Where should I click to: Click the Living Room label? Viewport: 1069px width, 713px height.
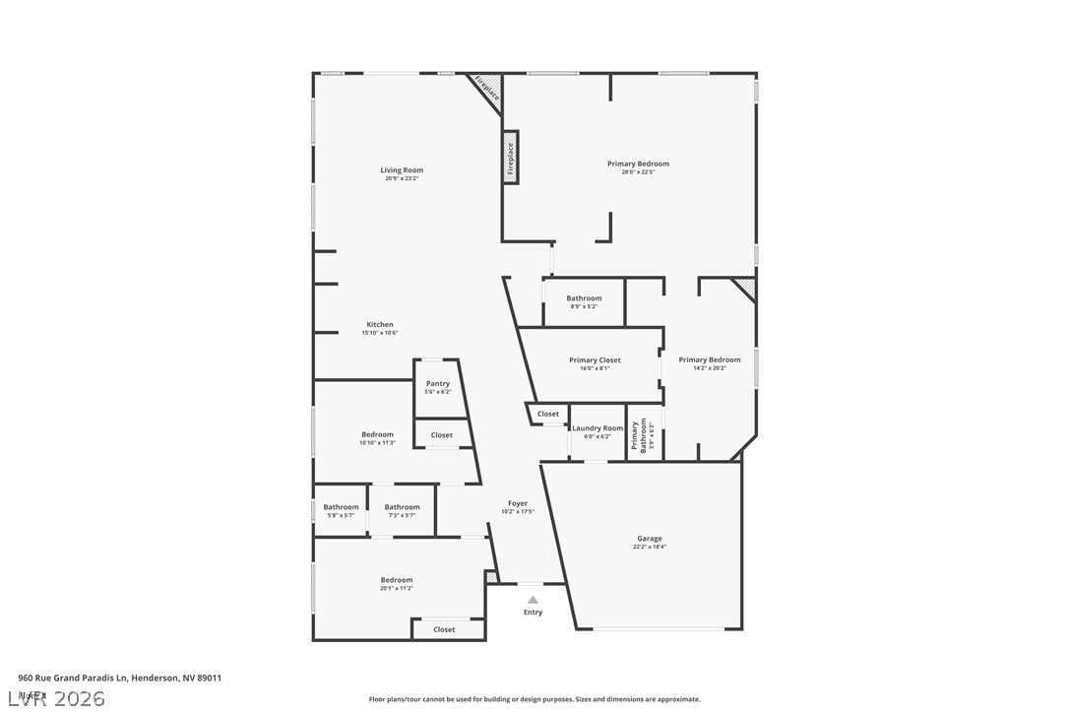point(402,170)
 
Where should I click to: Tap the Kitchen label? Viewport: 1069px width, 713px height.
point(380,325)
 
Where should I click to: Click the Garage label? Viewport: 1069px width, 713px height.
point(649,539)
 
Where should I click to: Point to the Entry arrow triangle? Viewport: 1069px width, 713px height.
point(533,599)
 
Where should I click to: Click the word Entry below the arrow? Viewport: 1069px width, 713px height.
point(533,613)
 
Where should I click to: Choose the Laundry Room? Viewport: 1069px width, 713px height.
point(598,431)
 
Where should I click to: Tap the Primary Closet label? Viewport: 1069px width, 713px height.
point(595,360)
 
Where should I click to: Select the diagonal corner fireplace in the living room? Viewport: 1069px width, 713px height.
point(486,90)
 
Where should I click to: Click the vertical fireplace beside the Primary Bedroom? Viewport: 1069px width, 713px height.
point(511,158)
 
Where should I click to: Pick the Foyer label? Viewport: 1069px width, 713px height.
point(518,503)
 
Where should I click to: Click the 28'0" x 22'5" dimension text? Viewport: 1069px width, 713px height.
point(638,173)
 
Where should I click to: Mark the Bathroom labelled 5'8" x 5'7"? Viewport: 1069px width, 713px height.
point(342,510)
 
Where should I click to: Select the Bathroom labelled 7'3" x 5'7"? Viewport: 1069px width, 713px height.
point(402,510)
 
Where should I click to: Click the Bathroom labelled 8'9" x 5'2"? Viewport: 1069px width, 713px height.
point(584,301)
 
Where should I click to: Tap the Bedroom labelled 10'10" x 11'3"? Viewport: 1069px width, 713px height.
point(377,437)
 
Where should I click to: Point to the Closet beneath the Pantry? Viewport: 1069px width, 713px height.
point(442,434)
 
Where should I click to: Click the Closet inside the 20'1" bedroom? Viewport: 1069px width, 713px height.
point(445,629)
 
